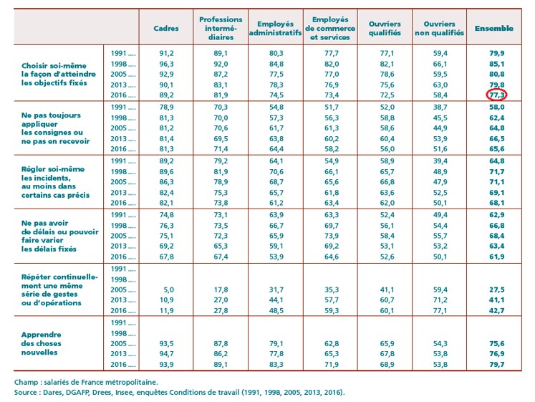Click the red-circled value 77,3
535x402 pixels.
point(493,94)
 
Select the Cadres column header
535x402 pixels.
point(166,29)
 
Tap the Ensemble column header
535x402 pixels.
point(494,29)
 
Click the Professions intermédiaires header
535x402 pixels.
point(221,29)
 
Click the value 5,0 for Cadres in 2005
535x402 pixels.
point(166,289)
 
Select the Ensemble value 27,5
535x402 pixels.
point(493,289)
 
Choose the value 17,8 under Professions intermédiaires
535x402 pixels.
point(221,289)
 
